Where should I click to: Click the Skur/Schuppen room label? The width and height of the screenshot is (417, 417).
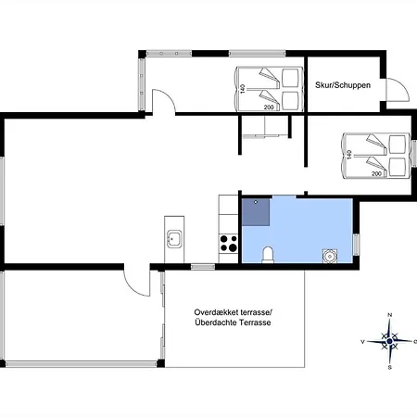[343, 85]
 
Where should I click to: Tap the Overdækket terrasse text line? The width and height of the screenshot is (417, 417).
[234, 312]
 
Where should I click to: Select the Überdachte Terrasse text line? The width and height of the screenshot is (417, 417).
[233, 322]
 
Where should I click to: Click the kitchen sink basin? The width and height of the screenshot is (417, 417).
[174, 239]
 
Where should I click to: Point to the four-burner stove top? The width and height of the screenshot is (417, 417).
[229, 243]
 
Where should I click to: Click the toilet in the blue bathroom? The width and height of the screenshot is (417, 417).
[268, 255]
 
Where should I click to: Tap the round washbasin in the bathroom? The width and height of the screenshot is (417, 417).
[330, 256]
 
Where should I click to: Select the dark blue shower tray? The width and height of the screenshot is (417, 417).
[256, 212]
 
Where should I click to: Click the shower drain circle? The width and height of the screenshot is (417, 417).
[256, 202]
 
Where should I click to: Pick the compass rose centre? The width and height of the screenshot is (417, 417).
[389, 341]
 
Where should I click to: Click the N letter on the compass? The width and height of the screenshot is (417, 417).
[390, 315]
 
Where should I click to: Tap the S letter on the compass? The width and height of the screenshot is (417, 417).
[390, 368]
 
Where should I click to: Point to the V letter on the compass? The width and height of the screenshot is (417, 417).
[363, 342]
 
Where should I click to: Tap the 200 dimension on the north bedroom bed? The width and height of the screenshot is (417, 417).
[269, 107]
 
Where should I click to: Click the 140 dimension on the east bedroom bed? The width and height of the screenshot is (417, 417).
[349, 155]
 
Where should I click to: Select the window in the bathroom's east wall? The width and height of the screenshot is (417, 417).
[356, 245]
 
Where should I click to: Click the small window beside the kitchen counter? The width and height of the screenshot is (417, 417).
[203, 267]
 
